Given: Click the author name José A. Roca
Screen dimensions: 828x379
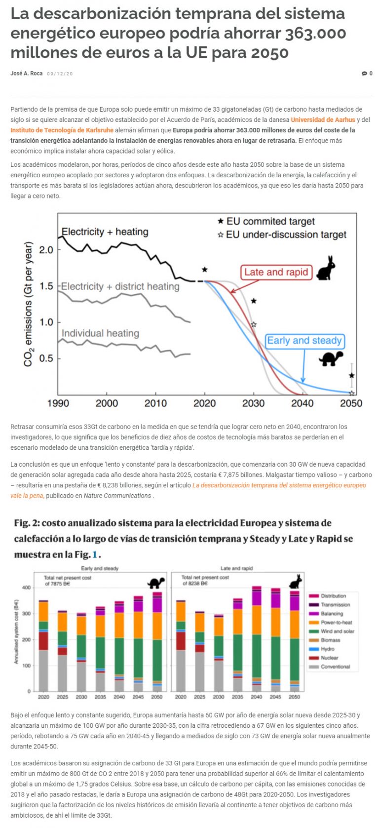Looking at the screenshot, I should [x=26, y=74].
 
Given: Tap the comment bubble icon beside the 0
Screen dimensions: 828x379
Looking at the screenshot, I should [x=364, y=74].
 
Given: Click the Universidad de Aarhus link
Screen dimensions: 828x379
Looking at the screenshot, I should [x=323, y=120].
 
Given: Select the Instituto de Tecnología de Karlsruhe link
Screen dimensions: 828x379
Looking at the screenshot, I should [x=62, y=130].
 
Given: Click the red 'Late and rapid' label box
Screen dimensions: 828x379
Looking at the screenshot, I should [x=276, y=272].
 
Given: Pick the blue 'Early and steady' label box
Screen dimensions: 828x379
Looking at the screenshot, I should [x=304, y=341].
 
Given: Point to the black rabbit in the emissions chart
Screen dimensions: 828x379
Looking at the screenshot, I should [x=326, y=269].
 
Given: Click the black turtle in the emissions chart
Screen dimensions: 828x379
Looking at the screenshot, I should [x=331, y=358].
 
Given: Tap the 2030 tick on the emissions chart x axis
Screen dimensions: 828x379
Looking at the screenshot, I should [x=253, y=403].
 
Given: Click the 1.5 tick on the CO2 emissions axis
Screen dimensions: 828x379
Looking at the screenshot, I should [x=46, y=286].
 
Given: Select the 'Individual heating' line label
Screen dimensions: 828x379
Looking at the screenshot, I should [x=100, y=333].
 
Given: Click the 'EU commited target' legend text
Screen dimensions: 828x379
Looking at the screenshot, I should [x=270, y=221].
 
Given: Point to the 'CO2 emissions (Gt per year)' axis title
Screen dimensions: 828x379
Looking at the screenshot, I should [x=28, y=304].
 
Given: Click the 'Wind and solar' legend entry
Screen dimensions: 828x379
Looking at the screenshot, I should [x=337, y=631].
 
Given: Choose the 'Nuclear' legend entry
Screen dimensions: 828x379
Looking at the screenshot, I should [x=329, y=658].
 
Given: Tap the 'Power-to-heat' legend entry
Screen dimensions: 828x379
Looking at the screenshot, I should [x=336, y=623].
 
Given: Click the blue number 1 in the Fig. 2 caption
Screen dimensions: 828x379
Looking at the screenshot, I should [x=95, y=554].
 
